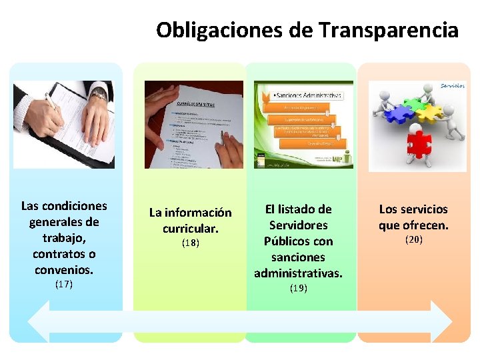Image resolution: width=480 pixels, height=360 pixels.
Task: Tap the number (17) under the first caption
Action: [63, 285]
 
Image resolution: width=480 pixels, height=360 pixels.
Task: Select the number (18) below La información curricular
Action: [190, 243]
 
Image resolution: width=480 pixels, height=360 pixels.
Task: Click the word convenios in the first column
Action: [63, 269]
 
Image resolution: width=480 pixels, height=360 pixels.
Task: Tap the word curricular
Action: [190, 228]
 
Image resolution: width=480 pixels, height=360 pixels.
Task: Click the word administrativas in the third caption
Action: [298, 273]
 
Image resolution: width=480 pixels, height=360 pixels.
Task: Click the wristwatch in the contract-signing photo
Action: [98, 96]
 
